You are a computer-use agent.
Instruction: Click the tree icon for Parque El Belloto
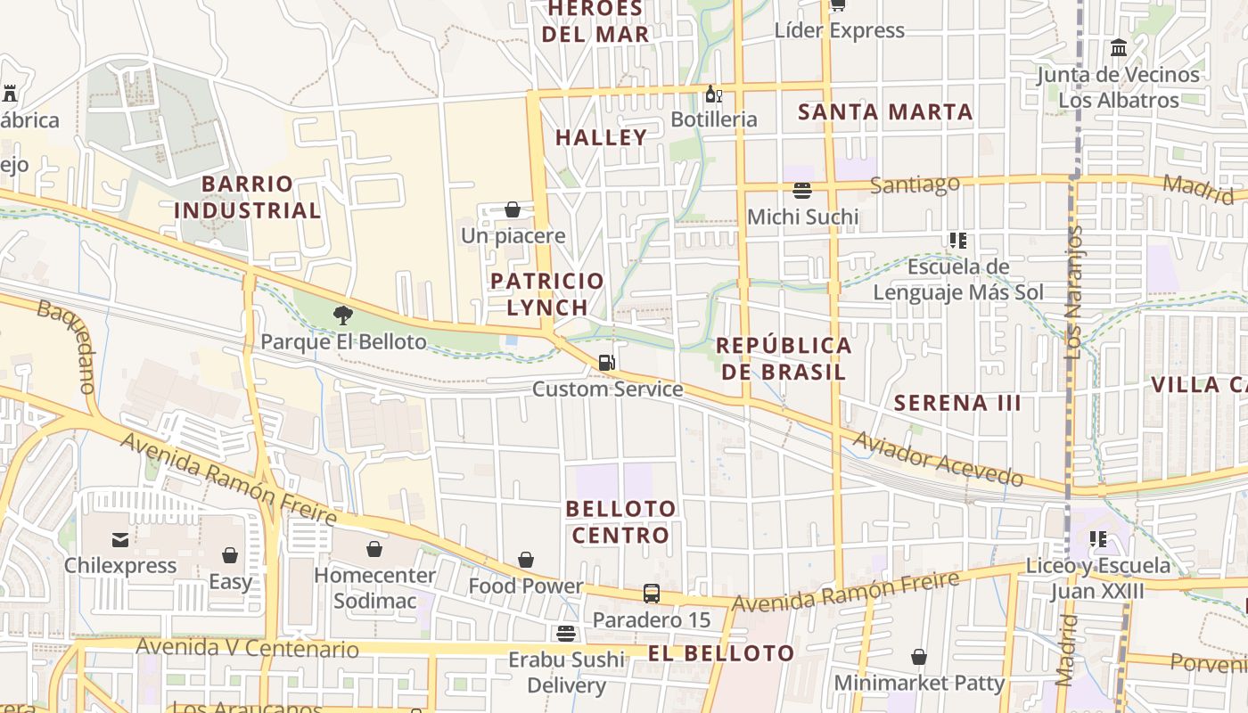[x=343, y=315]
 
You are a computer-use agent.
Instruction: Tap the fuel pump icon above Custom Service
[x=606, y=362]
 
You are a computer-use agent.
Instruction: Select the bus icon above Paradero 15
[x=652, y=594]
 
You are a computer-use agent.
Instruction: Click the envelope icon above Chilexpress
[x=120, y=539]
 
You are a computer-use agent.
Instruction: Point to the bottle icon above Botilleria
[x=713, y=94]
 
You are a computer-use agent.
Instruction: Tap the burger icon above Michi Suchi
[x=802, y=190]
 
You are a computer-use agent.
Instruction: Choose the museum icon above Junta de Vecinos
[x=1119, y=47]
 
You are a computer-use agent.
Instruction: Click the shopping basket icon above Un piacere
[x=513, y=209]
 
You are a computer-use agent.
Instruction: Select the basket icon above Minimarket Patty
[x=919, y=658]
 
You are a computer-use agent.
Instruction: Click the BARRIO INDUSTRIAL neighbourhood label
[x=247, y=197]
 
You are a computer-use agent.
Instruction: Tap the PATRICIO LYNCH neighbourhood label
[x=547, y=293]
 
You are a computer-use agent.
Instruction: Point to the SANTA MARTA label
[x=884, y=112]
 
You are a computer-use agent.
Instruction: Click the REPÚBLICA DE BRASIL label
[x=784, y=358]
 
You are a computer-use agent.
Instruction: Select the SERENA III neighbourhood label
[x=957, y=403]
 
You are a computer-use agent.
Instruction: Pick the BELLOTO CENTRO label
[x=621, y=521]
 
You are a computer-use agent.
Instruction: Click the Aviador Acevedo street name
[x=938, y=459]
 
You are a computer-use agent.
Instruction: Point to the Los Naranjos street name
[x=1074, y=292]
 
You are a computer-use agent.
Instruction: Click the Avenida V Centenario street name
[x=248, y=648]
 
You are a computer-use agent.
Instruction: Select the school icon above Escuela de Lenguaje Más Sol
[x=958, y=240]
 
